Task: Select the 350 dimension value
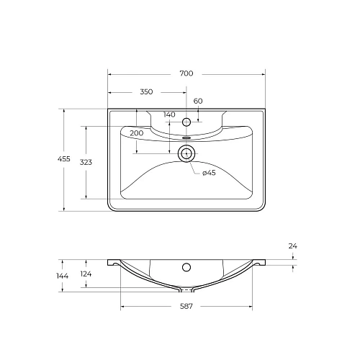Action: pyautogui.click(x=146, y=92)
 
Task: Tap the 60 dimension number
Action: pyautogui.click(x=198, y=101)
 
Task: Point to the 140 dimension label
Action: pyautogui.click(x=169, y=114)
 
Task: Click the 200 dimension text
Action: pyautogui.click(x=137, y=133)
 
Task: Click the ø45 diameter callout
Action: pyautogui.click(x=209, y=173)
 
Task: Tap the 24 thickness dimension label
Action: pyautogui.click(x=292, y=246)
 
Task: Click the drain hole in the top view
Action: pyautogui.click(x=186, y=153)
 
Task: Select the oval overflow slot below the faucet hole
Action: pyautogui.click(x=186, y=135)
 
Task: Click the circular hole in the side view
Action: pyautogui.click(x=186, y=268)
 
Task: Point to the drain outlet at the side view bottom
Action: pyautogui.click(x=186, y=290)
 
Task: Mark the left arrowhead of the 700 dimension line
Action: pyautogui.click(x=110, y=74)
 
